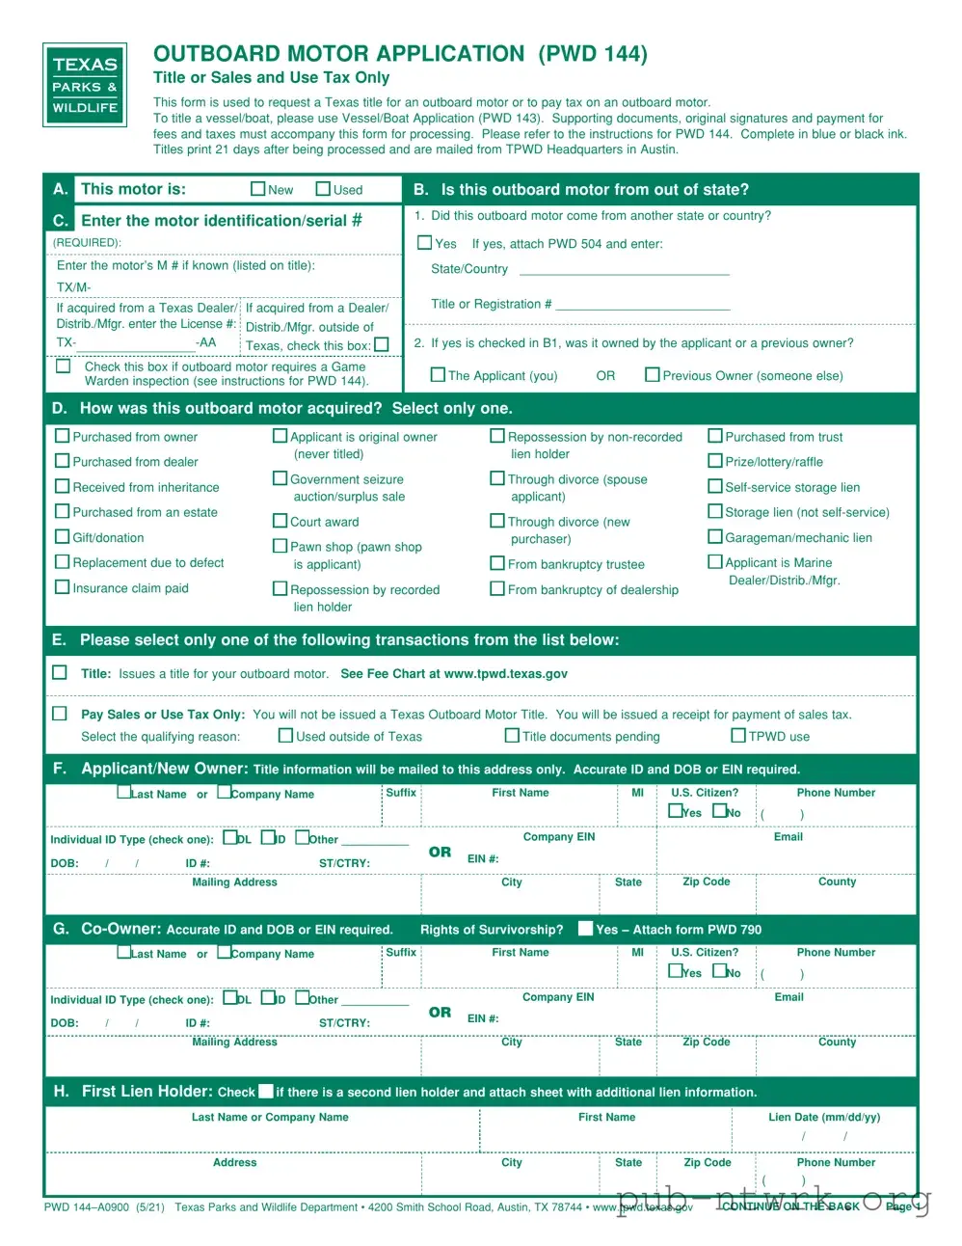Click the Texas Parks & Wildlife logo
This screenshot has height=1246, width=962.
point(85,85)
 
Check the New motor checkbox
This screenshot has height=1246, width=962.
point(258,189)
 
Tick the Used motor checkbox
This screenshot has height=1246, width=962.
point(325,189)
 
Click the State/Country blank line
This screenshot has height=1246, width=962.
point(624,271)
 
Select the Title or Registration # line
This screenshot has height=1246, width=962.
point(643,306)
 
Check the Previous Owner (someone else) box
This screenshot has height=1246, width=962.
point(653,375)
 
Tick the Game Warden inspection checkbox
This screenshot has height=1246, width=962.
point(64,366)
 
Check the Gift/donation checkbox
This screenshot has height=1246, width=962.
point(63,537)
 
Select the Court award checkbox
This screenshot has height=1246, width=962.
point(281,521)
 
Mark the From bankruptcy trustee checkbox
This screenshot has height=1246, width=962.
point(497,563)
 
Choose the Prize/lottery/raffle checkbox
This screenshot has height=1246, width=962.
point(715,461)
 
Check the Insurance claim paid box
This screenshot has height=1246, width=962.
point(63,587)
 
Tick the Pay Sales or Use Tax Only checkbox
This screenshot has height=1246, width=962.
point(60,714)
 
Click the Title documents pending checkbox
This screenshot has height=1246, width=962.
point(512,736)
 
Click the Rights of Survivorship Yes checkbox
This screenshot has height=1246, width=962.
point(585,929)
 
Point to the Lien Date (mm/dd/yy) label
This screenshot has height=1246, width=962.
point(824,1118)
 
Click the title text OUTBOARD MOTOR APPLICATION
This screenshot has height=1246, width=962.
point(338,54)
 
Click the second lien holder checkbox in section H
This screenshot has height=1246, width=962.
point(266,1092)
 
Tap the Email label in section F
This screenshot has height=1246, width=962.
point(788,837)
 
